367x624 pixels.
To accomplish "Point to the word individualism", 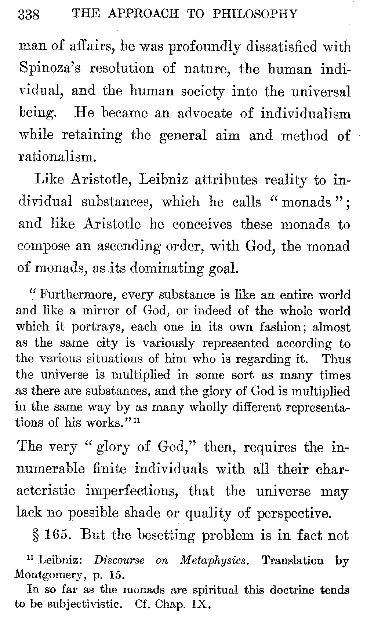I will point(305,113).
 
